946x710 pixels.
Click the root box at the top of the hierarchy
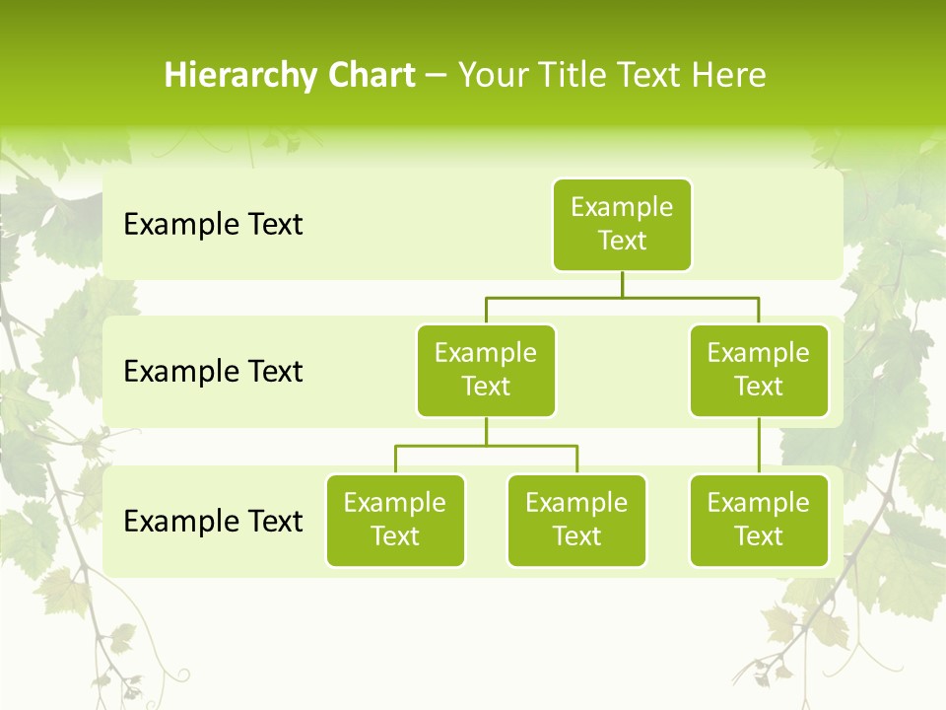(622, 225)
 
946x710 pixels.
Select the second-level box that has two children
(486, 371)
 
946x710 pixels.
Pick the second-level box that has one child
(759, 371)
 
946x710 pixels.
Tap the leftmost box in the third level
(395, 521)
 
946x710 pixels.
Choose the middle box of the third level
(576, 521)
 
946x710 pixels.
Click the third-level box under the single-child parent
(759, 521)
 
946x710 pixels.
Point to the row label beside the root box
(213, 225)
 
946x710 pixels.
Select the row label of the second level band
(213, 372)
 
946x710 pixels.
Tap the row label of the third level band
(213, 521)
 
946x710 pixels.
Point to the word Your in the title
(492, 75)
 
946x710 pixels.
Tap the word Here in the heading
(728, 75)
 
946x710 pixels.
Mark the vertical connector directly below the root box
(622, 284)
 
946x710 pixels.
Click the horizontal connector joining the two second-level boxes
(622, 297)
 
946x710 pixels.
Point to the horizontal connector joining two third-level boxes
(486, 446)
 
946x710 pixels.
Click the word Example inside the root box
(622, 208)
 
